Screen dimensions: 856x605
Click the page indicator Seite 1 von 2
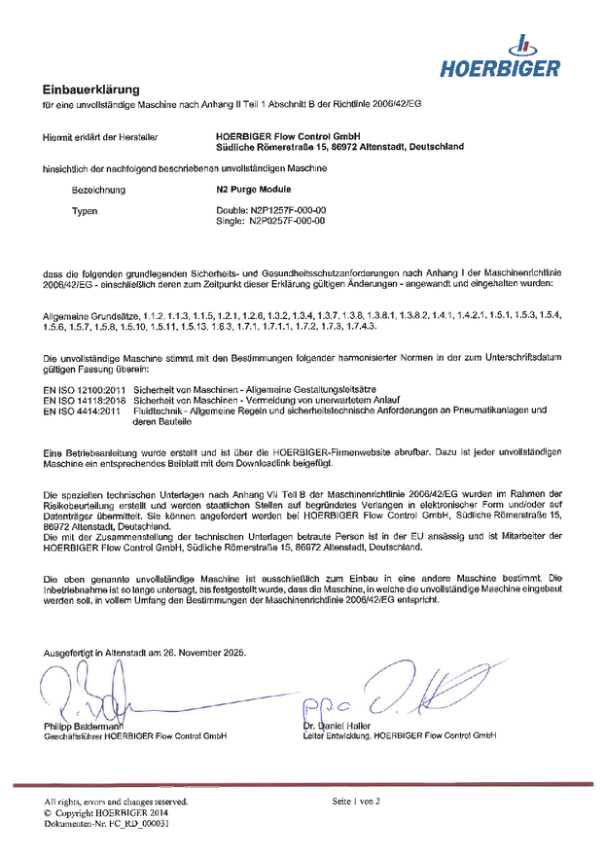pos(356,801)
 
